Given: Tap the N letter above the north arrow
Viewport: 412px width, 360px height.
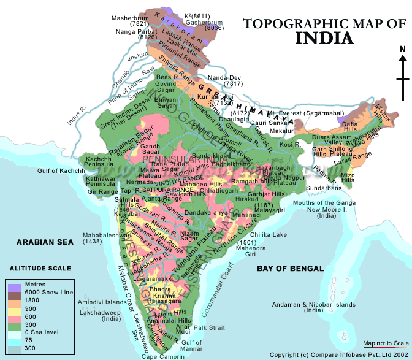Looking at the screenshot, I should (x=402, y=50).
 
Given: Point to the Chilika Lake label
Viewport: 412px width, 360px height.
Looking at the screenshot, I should (x=268, y=234).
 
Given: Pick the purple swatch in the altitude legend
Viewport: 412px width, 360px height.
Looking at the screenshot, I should (x=15, y=286).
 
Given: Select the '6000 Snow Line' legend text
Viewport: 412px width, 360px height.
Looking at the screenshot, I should (x=49, y=293).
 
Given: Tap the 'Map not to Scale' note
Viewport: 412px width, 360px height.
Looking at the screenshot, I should (x=386, y=342).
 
